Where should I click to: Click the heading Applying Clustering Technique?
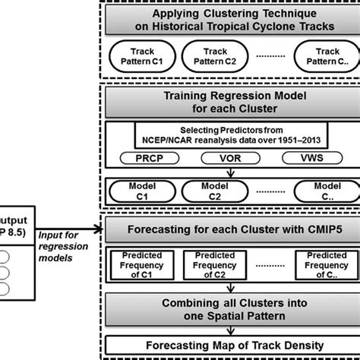tap(229, 21)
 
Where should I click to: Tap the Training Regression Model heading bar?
tap(229, 103)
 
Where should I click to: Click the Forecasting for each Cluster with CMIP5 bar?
tap(229, 229)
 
